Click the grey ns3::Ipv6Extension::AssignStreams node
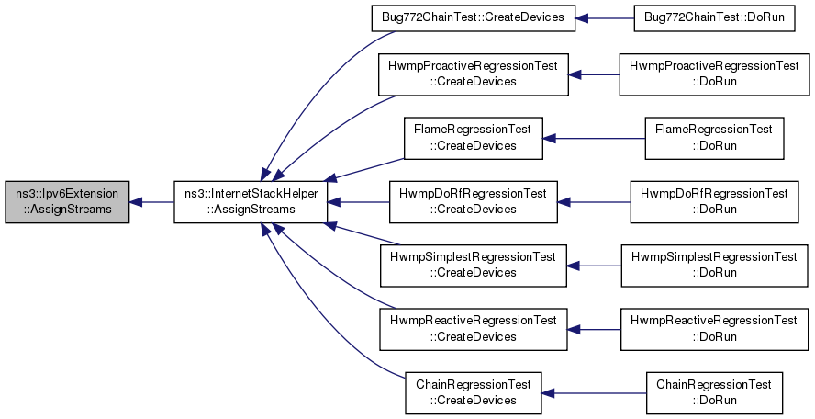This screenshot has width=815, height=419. pos(67,202)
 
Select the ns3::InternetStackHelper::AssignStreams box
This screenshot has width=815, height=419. pos(251,202)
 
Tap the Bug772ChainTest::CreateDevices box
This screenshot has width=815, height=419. pos(473,18)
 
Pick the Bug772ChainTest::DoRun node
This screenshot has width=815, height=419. pos(714,18)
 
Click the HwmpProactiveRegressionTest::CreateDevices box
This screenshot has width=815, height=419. pos(473,74)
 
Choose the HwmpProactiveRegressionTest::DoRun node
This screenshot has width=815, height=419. pos(714,74)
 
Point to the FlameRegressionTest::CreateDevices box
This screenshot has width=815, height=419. pos(473,139)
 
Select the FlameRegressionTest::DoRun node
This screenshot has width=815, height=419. pos(714,139)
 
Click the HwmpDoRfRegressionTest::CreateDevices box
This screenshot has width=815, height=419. pos(473,202)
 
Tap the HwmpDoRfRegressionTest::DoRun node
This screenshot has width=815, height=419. pos(714,202)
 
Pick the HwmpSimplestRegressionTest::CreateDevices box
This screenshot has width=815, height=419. pos(473,266)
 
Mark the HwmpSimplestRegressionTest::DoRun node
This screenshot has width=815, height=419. pos(714,266)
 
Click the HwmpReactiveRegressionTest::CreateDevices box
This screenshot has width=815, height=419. pos(473,330)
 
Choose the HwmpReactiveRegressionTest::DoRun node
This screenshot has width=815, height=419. pos(714,330)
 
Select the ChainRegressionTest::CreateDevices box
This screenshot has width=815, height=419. pos(473,393)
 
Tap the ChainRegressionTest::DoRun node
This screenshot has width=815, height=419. pos(714,393)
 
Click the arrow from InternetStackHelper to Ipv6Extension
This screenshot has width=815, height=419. pos(151,202)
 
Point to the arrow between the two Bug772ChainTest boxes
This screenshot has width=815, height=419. pos(605,18)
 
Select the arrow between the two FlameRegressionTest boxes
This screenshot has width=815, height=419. pos(594,139)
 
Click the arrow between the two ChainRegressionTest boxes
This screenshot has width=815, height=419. pos(594,393)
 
